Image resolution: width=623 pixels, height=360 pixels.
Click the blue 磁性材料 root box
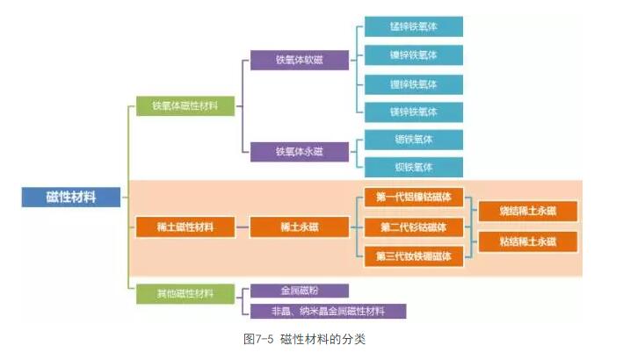pyautogui.click(x=70, y=197)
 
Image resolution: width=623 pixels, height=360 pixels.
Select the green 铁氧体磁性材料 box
pyautogui.click(x=185, y=106)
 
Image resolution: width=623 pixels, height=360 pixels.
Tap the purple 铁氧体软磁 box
pyautogui.click(x=299, y=61)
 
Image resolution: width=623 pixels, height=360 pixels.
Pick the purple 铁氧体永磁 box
pyautogui.click(x=299, y=152)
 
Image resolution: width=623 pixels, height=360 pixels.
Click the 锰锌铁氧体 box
pyautogui.click(x=413, y=26)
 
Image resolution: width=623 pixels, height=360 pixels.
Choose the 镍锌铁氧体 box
pyautogui.click(x=413, y=55)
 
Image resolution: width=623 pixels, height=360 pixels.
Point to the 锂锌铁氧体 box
pyautogui.click(x=413, y=84)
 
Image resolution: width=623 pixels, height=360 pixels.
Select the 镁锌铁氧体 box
pyautogui.click(x=413, y=112)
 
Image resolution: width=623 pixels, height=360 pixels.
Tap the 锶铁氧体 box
pyautogui.click(x=413, y=140)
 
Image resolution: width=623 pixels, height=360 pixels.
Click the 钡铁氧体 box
pyautogui.click(x=413, y=167)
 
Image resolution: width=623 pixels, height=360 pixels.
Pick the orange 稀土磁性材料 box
pyautogui.click(x=185, y=227)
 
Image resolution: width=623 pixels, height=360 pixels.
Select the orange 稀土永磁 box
pyautogui.click(x=299, y=227)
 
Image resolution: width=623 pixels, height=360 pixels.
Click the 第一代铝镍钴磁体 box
pyautogui.click(x=413, y=198)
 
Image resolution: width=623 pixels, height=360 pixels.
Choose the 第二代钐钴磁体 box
pyautogui.click(x=413, y=227)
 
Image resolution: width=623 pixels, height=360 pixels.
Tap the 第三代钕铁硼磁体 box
pyautogui.click(x=413, y=256)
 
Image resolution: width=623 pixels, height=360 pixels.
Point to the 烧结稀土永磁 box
pyautogui.click(x=527, y=212)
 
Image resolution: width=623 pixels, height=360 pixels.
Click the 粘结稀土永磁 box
pyautogui.click(x=527, y=241)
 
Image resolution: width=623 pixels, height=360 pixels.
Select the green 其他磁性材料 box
pyautogui.click(x=185, y=292)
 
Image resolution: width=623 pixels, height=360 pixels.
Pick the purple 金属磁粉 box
pyautogui.click(x=299, y=290)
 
